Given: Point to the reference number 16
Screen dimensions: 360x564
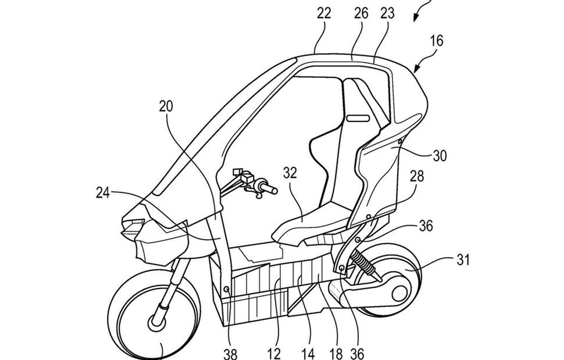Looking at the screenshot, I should pos(437,41).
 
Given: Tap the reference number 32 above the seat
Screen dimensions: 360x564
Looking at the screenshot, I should pos(290,173).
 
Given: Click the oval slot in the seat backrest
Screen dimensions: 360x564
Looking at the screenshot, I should pos(358,119).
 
